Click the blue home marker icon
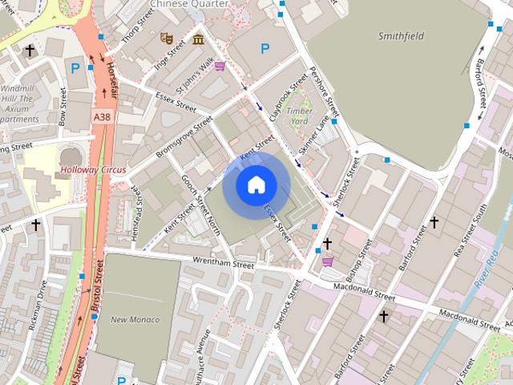(256, 185)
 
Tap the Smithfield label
(401, 35)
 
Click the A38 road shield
(102, 117)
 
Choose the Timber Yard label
(297, 115)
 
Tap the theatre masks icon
(167, 38)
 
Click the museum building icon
(197, 38)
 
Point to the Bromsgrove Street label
(184, 137)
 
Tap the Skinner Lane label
(314, 135)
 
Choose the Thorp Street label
(138, 26)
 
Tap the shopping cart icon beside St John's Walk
(220, 66)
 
